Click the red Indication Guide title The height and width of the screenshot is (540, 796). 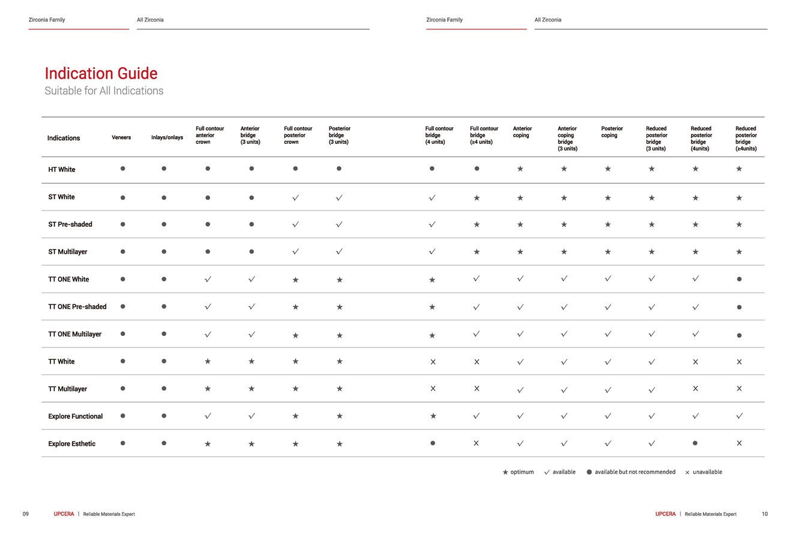[x=101, y=74]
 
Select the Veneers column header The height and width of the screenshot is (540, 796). [x=121, y=137]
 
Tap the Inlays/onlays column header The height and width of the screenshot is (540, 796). [x=167, y=137]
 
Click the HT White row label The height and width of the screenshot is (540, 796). [x=62, y=170]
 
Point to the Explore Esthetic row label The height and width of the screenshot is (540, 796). [x=71, y=444]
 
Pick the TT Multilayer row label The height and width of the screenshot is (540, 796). [x=67, y=389]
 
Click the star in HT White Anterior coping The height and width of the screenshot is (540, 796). [x=520, y=169]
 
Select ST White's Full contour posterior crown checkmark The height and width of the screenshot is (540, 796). [x=295, y=197]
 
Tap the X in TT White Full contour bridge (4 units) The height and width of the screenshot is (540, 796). [x=433, y=362]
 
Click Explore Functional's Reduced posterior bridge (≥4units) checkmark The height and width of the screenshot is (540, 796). [x=739, y=416]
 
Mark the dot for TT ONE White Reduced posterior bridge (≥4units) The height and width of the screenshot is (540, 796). [x=739, y=279]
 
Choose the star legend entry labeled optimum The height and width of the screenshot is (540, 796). [x=518, y=472]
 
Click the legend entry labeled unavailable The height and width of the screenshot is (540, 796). [x=704, y=472]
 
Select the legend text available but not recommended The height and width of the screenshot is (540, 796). [x=635, y=472]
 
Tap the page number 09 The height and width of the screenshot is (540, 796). [x=25, y=514]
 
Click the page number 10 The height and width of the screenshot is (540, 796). [x=764, y=514]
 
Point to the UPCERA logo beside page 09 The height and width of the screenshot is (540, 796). [x=64, y=514]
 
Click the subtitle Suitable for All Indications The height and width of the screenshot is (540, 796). [x=104, y=91]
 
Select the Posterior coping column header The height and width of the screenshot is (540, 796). [x=612, y=132]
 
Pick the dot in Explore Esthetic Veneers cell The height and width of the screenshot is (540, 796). [x=123, y=443]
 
